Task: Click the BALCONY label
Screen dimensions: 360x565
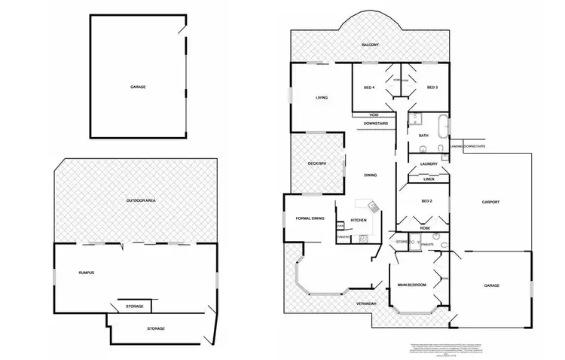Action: point(369,45)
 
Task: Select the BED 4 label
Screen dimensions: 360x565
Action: point(369,87)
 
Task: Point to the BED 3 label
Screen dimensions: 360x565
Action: point(432,87)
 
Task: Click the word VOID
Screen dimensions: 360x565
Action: point(374,114)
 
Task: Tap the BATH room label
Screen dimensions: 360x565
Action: point(423,136)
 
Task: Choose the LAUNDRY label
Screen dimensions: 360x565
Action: point(429,163)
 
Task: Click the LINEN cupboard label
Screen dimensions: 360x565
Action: point(429,179)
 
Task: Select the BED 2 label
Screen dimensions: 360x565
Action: point(427,202)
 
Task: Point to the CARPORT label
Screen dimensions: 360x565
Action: point(491,202)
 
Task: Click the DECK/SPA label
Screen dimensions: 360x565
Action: point(316,163)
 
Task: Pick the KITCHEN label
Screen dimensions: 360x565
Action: point(359,219)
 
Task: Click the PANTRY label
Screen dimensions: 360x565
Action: point(344,237)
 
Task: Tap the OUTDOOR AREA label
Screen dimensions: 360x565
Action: point(140,200)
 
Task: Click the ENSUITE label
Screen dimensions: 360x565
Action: point(425,245)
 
